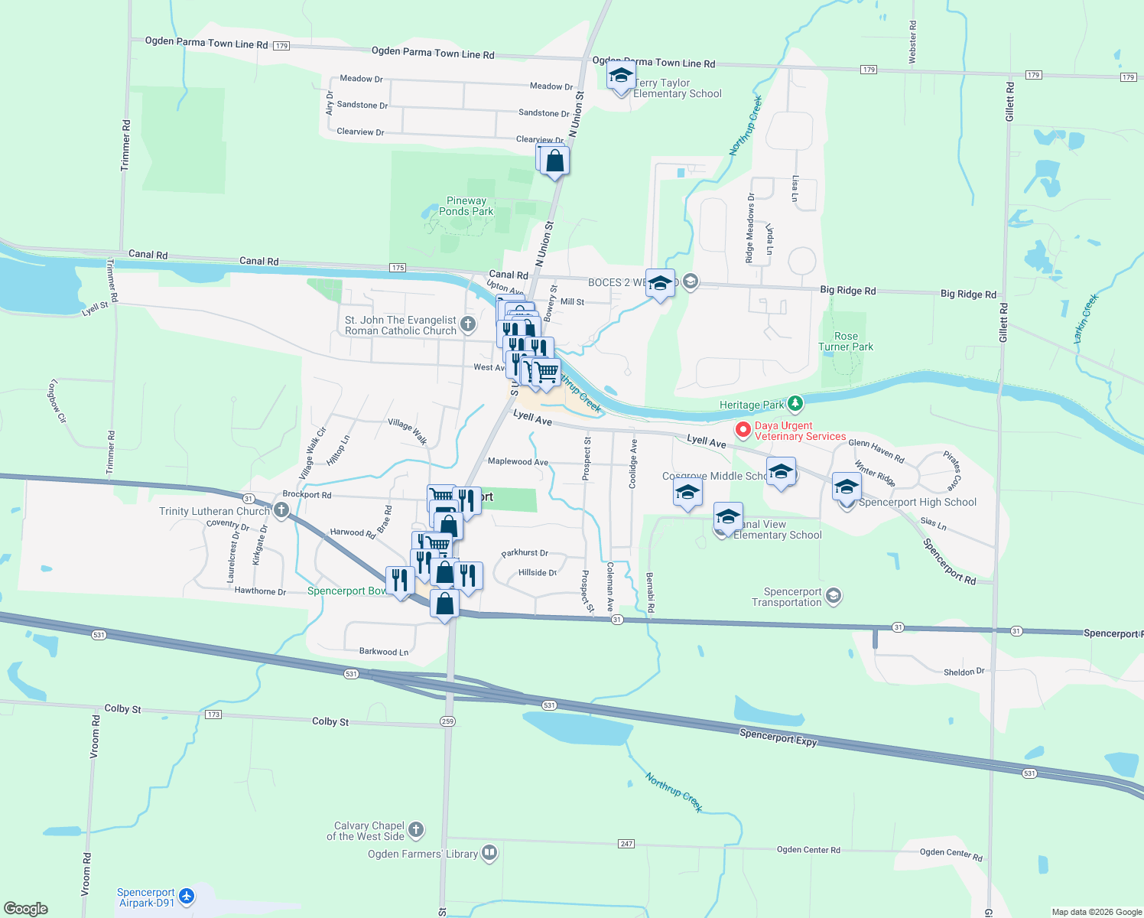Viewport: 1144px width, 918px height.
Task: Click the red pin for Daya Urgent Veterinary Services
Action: pyautogui.click(x=742, y=430)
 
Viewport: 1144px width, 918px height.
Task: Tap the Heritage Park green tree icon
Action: pyautogui.click(x=795, y=403)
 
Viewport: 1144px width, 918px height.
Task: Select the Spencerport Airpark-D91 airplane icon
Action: pyautogui.click(x=187, y=896)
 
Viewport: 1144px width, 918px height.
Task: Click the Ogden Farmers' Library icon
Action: pyautogui.click(x=489, y=853)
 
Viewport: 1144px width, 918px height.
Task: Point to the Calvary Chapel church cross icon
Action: pyautogui.click(x=416, y=829)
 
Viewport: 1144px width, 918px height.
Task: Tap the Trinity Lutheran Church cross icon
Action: pyautogui.click(x=281, y=510)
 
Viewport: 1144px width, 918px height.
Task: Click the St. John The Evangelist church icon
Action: pyautogui.click(x=468, y=324)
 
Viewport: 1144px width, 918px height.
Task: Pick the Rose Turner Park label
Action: pyautogui.click(x=846, y=341)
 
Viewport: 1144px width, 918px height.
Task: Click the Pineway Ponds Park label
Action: pyautogui.click(x=466, y=206)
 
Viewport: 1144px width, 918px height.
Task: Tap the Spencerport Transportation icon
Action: pyautogui.click(x=834, y=595)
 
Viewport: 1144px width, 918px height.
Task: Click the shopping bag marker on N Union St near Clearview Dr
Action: pyautogui.click(x=555, y=161)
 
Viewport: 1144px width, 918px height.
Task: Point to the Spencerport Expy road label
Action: pyautogui.click(x=778, y=737)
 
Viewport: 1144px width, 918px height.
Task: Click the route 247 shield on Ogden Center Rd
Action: pyautogui.click(x=626, y=844)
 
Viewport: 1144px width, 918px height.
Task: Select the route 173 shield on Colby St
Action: pyautogui.click(x=213, y=715)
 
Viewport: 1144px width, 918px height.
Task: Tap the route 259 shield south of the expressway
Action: pyautogui.click(x=447, y=721)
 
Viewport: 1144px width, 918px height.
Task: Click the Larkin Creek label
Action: pyautogui.click(x=1086, y=317)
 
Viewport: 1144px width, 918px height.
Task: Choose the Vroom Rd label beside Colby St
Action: pyautogui.click(x=95, y=737)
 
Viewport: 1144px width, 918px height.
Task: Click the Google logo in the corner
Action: pyautogui.click(x=26, y=909)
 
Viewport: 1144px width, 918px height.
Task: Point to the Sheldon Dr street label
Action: pyautogui.click(x=964, y=672)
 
